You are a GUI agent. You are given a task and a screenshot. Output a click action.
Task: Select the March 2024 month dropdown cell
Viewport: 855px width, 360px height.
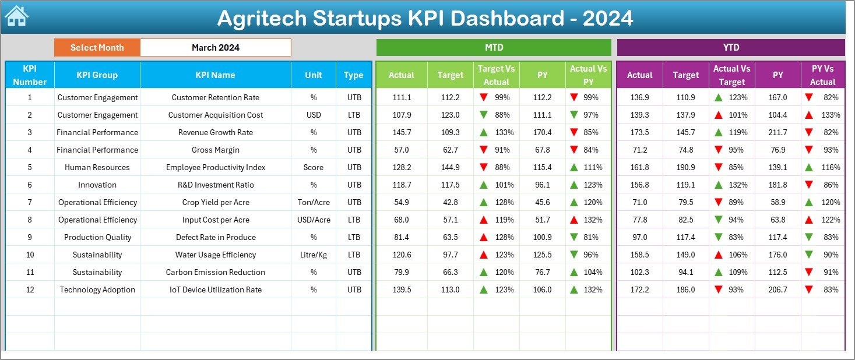pos(216,48)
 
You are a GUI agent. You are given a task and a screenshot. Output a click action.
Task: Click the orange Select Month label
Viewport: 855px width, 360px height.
pos(97,48)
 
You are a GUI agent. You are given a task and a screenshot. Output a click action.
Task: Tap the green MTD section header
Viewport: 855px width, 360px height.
pos(494,48)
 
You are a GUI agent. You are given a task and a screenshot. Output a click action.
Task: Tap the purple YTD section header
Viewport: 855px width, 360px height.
pos(731,48)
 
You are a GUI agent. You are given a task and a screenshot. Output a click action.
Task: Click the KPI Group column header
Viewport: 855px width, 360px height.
pos(97,75)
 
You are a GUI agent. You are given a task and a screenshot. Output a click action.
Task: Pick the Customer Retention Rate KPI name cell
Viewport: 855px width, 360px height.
pos(216,97)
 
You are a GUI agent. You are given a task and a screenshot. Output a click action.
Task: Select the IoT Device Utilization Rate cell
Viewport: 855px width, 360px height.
pos(216,290)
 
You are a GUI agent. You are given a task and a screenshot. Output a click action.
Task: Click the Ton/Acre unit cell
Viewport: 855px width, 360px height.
pos(314,202)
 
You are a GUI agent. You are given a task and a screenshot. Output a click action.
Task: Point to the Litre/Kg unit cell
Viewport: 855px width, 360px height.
pos(314,255)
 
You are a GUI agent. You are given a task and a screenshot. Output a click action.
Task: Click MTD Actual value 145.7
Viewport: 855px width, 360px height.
pos(402,132)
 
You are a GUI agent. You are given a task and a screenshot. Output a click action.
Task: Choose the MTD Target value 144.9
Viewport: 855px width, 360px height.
pos(450,167)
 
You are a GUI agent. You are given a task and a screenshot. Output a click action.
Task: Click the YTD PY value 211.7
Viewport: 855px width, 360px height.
pos(777,132)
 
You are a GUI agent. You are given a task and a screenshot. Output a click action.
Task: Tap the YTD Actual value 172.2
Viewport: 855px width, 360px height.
pos(639,290)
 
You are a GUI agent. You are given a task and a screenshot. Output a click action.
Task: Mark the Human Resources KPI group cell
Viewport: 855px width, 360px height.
pos(97,167)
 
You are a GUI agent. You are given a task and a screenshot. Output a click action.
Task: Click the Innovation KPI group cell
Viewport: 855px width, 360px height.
pos(97,185)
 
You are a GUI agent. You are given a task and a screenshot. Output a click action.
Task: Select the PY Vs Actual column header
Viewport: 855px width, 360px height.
pos(822,75)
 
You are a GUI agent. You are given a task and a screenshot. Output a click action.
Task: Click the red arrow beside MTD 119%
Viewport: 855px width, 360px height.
pos(484,220)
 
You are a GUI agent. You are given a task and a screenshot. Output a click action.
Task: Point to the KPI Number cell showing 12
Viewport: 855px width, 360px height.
pos(30,290)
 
